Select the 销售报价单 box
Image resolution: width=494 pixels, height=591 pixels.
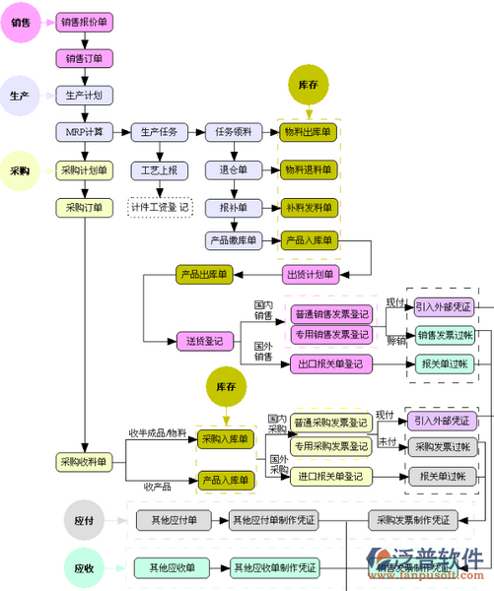(85, 21)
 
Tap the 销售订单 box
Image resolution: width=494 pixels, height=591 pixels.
(85, 58)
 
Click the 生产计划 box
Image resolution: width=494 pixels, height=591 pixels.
(85, 96)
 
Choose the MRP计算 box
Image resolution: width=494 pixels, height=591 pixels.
(85, 132)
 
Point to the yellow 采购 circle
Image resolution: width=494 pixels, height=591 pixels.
(20, 170)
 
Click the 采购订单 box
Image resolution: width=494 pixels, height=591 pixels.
(85, 208)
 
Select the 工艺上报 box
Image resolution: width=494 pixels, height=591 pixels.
(159, 170)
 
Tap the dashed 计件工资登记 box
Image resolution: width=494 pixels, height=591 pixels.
(160, 208)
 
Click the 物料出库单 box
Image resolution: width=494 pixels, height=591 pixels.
(309, 132)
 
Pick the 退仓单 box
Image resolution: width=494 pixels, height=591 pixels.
(234, 170)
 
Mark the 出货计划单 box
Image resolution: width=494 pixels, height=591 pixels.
(309, 273)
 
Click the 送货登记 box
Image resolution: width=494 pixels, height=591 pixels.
(205, 342)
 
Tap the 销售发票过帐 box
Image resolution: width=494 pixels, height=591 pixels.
(445, 335)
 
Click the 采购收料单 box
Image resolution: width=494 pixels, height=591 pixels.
(85, 462)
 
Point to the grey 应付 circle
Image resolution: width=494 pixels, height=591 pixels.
(84, 519)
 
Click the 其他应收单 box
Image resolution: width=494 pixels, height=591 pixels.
(173, 567)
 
